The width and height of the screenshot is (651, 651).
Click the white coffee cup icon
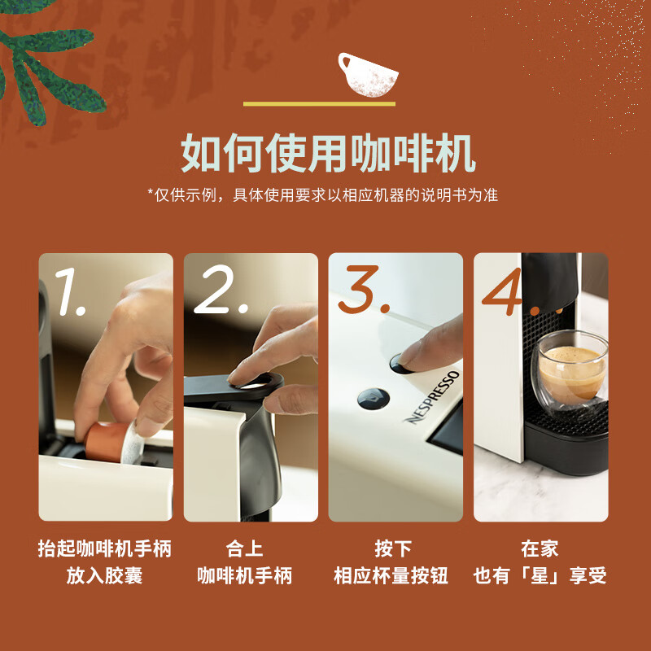tap(368, 75)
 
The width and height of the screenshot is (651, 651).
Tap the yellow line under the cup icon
tap(319, 104)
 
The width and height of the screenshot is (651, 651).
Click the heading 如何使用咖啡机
tap(328, 153)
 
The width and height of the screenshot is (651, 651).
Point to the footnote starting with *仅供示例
tap(322, 194)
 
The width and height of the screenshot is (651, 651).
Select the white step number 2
tap(220, 290)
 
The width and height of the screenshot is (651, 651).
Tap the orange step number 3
tap(363, 290)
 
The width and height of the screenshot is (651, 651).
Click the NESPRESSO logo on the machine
tap(433, 398)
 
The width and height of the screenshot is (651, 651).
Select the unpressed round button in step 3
tap(374, 399)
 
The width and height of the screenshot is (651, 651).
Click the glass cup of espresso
tap(570, 373)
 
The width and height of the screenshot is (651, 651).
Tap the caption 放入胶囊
tap(104, 576)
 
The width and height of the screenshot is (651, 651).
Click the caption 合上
tap(244, 548)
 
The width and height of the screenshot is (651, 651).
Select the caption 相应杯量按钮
tap(391, 576)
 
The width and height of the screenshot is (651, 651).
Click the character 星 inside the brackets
tap(540, 576)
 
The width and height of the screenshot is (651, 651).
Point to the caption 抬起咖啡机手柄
tap(105, 548)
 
